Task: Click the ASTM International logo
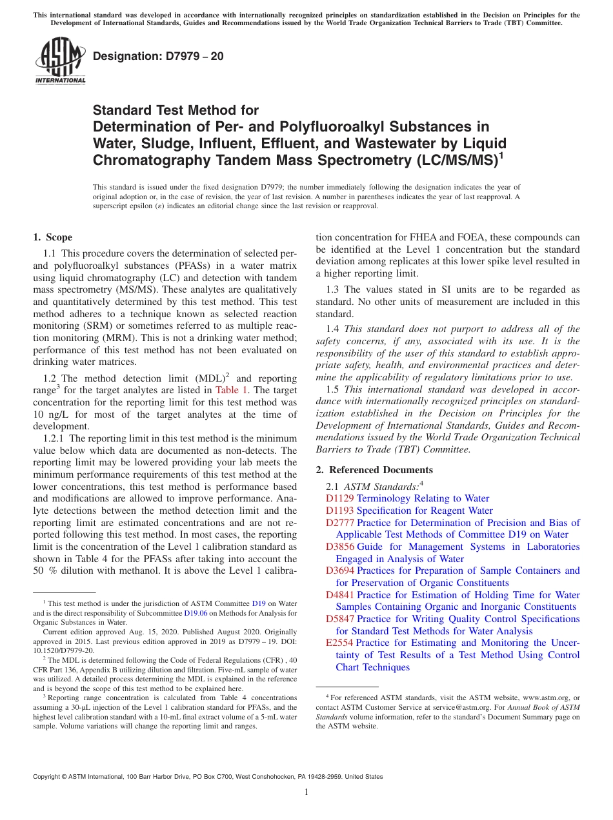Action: pyautogui.click(x=60, y=61)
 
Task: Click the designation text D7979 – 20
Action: pyautogui.click(x=158, y=56)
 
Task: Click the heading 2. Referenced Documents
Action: pyautogui.click(x=374, y=469)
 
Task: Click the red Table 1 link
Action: pyautogui.click(x=229, y=390)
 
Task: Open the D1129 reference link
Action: pyautogui.click(x=340, y=498)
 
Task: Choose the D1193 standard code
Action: pyautogui.click(x=340, y=511)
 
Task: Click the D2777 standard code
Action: pyautogui.click(x=340, y=523)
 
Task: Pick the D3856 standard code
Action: pyautogui.click(x=340, y=547)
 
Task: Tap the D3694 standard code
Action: pyautogui.click(x=340, y=571)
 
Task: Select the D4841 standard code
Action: pyautogui.click(x=340, y=595)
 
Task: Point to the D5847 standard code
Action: pyautogui.click(x=340, y=619)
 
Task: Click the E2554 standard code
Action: pyautogui.click(x=340, y=643)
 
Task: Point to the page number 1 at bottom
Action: pyautogui.click(x=306, y=792)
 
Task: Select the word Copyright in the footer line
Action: pyautogui.click(x=48, y=777)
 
